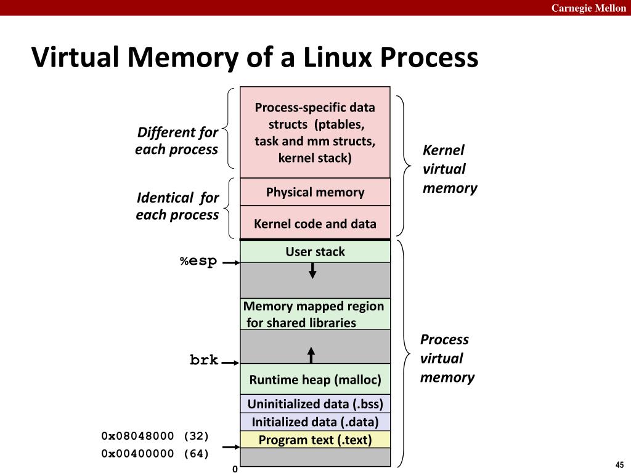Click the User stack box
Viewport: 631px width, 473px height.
coord(315,251)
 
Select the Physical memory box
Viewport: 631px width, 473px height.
coord(315,192)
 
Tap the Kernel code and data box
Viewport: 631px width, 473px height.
coord(315,224)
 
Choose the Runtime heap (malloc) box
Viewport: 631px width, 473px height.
coord(315,379)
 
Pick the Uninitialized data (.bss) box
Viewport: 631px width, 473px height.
coord(315,404)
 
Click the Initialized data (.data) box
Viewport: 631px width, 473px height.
coord(315,422)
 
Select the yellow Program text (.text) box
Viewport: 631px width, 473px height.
coord(315,440)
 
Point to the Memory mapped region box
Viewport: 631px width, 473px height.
coord(315,314)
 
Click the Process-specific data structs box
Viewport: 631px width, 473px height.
coord(315,132)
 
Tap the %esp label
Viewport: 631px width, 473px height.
coord(198,261)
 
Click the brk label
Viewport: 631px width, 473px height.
coord(204,360)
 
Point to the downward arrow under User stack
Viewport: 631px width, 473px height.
coord(312,270)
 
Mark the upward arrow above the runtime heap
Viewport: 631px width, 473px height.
coord(311,355)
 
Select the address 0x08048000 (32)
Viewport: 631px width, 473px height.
coord(155,436)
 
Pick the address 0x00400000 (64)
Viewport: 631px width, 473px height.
coord(155,454)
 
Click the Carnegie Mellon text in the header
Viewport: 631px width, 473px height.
coord(588,8)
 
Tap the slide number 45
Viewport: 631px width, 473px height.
coord(619,464)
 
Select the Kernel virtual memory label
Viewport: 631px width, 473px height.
coord(449,169)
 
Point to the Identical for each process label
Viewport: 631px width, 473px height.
coord(177,206)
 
